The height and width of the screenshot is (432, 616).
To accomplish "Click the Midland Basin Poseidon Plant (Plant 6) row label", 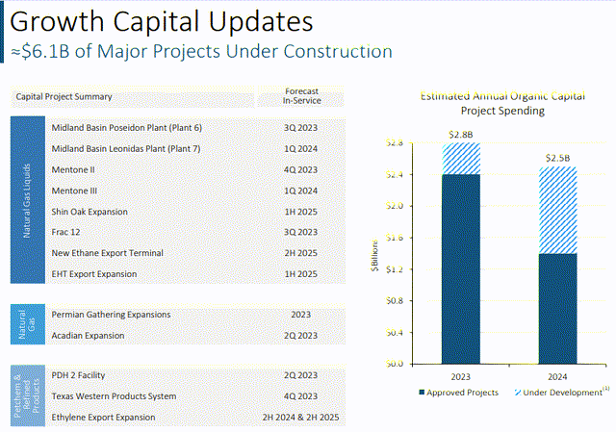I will click(x=126, y=128).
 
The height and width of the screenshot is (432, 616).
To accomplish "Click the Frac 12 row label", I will click(x=65, y=232).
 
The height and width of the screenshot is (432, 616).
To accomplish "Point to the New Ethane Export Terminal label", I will click(x=107, y=253).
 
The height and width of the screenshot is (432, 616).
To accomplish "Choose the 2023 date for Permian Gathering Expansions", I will click(x=300, y=315).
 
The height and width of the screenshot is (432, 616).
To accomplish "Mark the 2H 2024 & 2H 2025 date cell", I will click(x=300, y=418).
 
